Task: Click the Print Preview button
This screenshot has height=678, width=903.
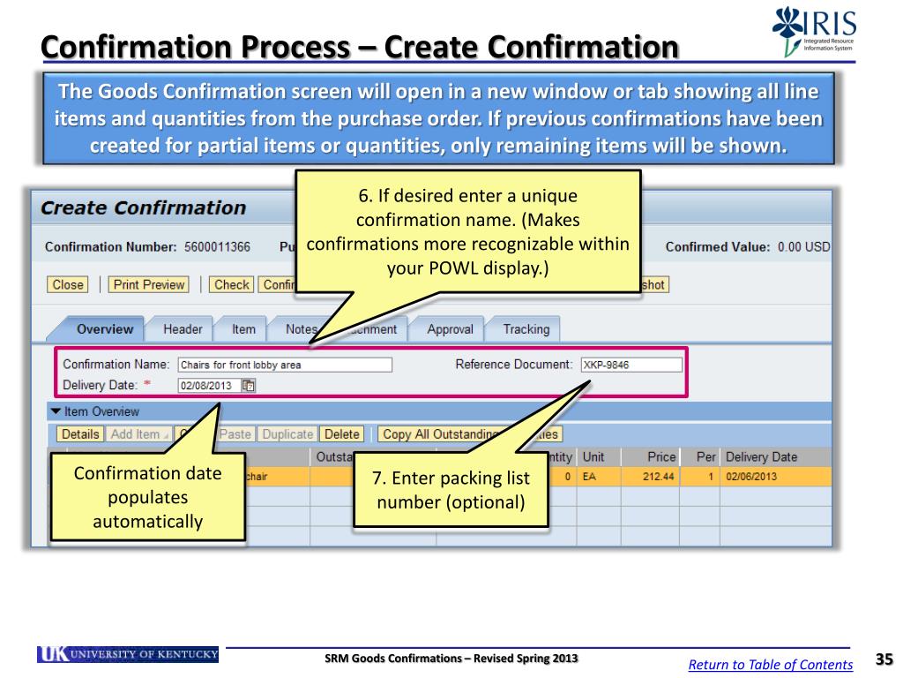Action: pyautogui.click(x=148, y=284)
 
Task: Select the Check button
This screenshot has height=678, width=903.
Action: pyautogui.click(x=232, y=284)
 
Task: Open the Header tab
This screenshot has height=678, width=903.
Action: pyautogui.click(x=183, y=329)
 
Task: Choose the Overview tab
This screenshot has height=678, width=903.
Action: pyautogui.click(x=105, y=329)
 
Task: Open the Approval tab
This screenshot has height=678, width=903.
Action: pyautogui.click(x=450, y=329)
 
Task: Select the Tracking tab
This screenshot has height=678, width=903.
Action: pyautogui.click(x=526, y=329)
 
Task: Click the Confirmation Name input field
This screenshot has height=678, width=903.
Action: pyautogui.click(x=284, y=365)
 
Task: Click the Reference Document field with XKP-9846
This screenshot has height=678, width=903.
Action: pyautogui.click(x=631, y=365)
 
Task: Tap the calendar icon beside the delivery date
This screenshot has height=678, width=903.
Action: pyautogui.click(x=249, y=385)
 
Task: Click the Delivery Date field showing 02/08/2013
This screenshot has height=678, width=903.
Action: pyautogui.click(x=208, y=385)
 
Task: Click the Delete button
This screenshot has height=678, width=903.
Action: pyautogui.click(x=341, y=433)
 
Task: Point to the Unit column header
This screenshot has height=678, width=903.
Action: pyautogui.click(x=593, y=456)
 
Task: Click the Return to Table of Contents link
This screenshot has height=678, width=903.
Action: pyautogui.click(x=770, y=665)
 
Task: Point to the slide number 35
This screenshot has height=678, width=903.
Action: pyautogui.click(x=884, y=659)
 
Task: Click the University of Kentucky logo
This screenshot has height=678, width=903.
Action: pyautogui.click(x=128, y=654)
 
